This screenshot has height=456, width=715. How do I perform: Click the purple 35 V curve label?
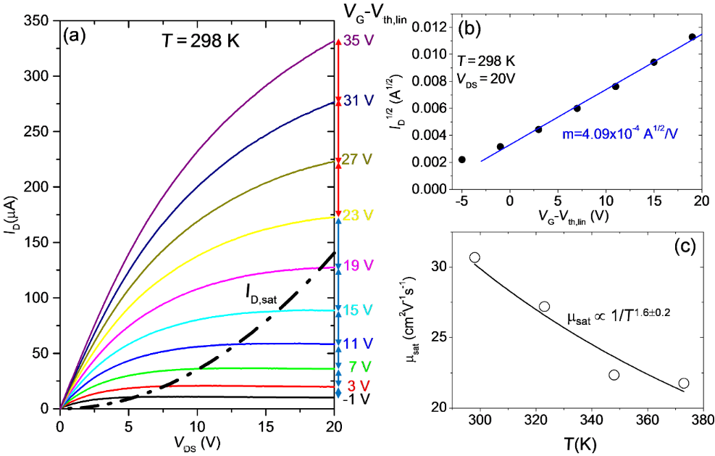pyautogui.click(x=356, y=41)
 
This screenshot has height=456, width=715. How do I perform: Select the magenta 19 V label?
pyautogui.click(x=356, y=267)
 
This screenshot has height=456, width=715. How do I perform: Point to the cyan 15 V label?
pyautogui.click(x=356, y=310)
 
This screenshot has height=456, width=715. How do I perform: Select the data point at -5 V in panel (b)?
pyautogui.click(x=462, y=159)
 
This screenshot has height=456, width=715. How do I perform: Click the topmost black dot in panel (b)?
pyautogui.click(x=692, y=37)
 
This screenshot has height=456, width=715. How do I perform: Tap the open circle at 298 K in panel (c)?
pyautogui.click(x=474, y=257)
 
